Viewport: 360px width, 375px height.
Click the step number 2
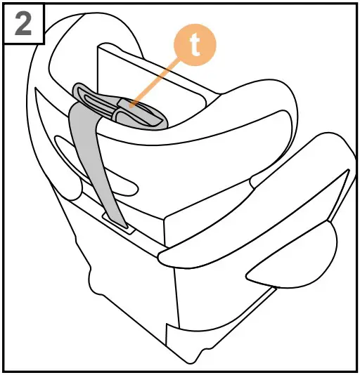23,25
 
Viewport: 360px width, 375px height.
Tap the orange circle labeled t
195,46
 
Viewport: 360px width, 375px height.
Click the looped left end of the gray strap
80,95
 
